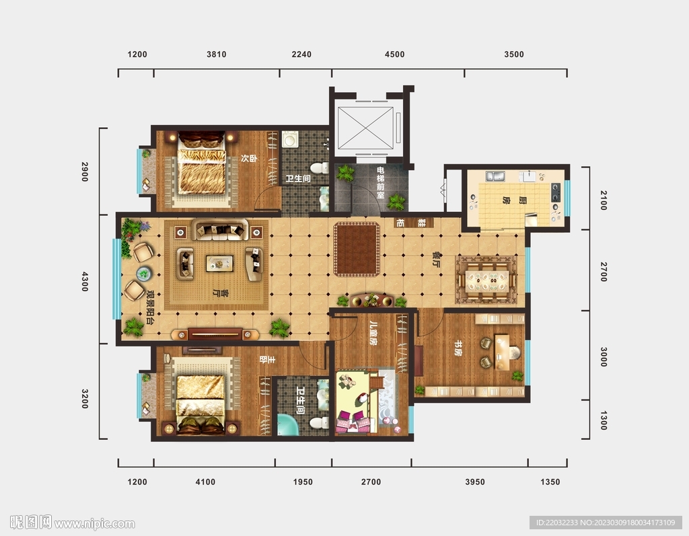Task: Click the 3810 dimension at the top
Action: [216, 54]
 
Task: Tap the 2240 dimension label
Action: [301, 54]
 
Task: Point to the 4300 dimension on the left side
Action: [85, 281]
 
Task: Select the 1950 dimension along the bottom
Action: [303, 482]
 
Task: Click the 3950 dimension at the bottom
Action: [475, 482]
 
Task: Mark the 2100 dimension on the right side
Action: [604, 200]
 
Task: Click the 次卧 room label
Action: [249, 158]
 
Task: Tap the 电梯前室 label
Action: [381, 182]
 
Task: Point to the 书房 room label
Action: [458, 348]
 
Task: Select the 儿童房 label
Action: [373, 334]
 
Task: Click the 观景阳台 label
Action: [150, 307]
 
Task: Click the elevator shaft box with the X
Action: [365, 128]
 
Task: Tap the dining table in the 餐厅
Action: [487, 280]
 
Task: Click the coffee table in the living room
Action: [220, 264]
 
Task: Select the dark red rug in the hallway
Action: [357, 249]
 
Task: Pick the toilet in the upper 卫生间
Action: [320, 167]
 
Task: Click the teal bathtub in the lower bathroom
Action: [287, 424]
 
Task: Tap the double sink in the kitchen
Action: [495, 177]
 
